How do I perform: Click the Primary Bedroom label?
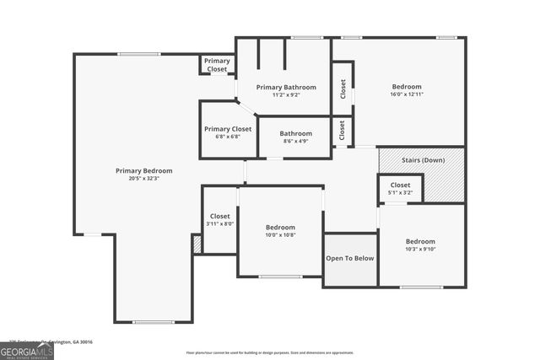tap(143, 170)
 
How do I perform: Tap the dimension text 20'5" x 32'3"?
tap(143, 179)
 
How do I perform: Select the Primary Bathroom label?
tap(286, 87)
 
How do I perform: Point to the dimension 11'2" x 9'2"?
tap(286, 95)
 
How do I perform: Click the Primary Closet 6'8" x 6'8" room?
tap(228, 132)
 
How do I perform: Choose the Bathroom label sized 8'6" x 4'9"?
tap(296, 133)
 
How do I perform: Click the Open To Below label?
tap(350, 258)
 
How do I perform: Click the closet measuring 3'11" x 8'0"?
tap(219, 220)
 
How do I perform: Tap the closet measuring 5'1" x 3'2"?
tap(400, 188)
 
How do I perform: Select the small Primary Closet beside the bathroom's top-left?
tap(217, 65)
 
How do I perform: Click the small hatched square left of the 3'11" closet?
tap(197, 244)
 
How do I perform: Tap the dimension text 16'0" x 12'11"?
tap(407, 95)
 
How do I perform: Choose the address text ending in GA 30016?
tap(51, 342)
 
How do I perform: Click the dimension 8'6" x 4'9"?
tap(296, 142)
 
